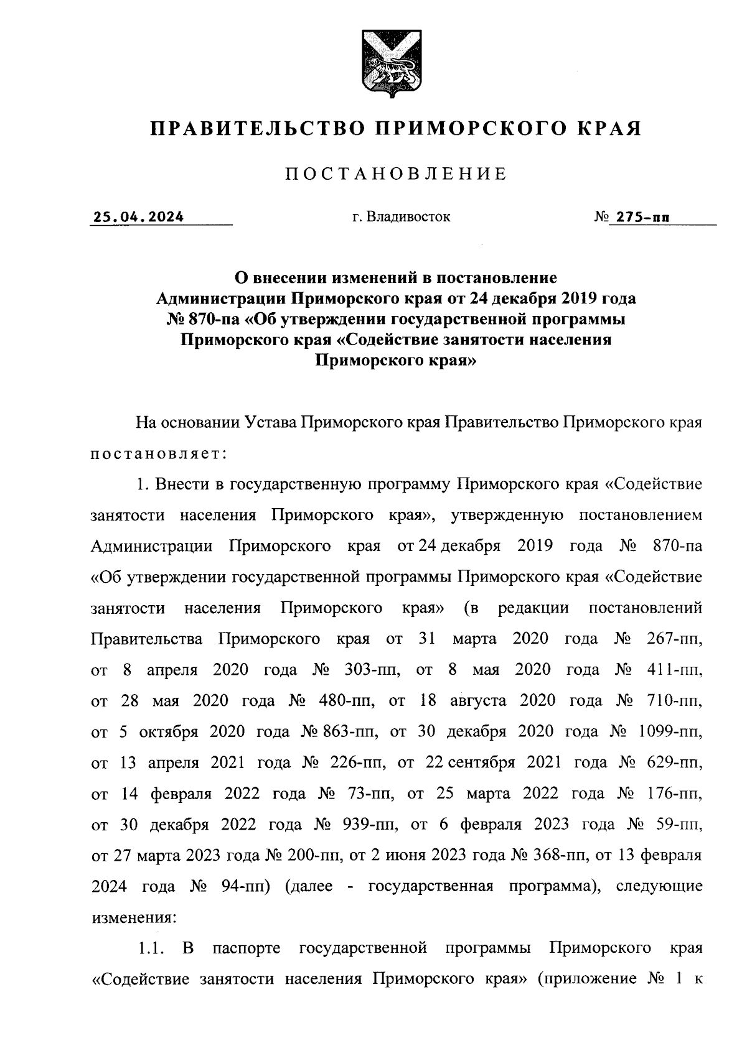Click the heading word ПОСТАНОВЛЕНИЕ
point(395,174)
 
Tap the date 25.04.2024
point(138,217)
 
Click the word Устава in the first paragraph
point(267,423)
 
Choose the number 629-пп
point(675,763)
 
